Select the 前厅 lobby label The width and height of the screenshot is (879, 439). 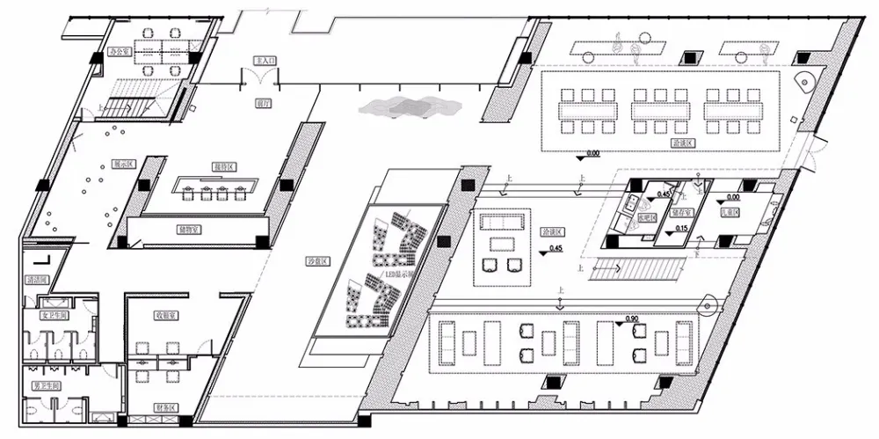tap(261, 102)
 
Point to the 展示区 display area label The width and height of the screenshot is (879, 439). tap(122, 164)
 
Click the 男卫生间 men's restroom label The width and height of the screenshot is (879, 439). tap(44, 386)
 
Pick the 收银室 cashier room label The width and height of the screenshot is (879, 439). tap(168, 314)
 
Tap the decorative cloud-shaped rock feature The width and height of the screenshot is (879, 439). tap(409, 106)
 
